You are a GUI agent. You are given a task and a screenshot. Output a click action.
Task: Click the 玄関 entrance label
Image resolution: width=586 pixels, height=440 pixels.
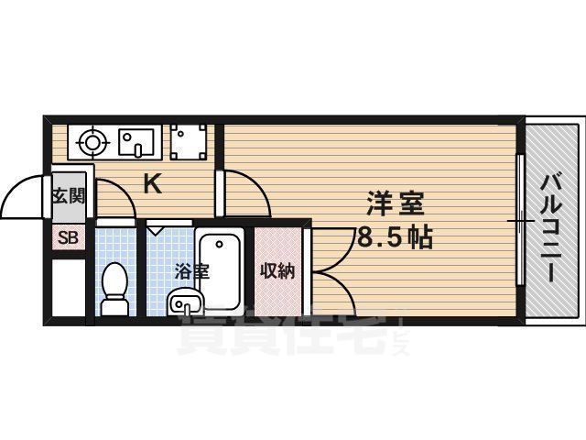[69, 194]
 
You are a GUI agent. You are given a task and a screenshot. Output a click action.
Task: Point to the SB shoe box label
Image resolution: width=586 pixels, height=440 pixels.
[69, 238]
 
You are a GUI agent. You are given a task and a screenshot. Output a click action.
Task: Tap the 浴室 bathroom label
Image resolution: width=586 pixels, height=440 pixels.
[192, 270]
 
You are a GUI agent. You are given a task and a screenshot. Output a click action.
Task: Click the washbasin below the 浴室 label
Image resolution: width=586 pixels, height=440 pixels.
[186, 300]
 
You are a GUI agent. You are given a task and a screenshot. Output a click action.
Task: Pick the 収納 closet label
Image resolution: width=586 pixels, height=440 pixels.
[277, 270]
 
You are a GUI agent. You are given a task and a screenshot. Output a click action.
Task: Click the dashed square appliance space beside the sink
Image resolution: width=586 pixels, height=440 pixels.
[189, 142]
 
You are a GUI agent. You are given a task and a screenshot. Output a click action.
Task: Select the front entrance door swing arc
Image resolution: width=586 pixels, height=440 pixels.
[23, 197]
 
